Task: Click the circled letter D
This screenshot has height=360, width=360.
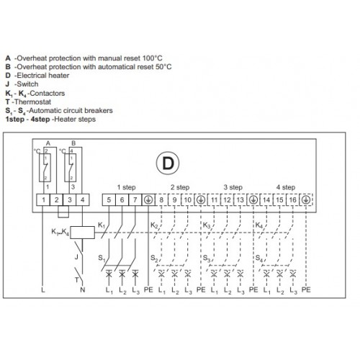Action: point(168,163)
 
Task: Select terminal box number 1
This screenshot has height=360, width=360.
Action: point(43,200)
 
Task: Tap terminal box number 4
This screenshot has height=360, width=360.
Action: point(83,200)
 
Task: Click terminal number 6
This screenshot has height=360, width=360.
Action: point(122,200)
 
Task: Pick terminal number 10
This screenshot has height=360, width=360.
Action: point(188,200)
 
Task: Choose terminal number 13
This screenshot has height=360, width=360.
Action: point(240,200)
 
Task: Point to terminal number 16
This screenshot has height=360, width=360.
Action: point(292,200)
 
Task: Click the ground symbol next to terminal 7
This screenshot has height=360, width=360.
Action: point(148,200)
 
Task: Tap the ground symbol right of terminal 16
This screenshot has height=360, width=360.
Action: point(306,200)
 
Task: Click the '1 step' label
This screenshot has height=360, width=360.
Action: point(126,187)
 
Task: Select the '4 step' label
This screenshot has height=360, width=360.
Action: point(286,187)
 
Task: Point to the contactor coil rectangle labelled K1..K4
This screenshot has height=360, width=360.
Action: point(82,233)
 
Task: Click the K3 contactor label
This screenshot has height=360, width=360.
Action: point(207,225)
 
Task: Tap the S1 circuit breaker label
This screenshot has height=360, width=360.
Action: point(102,258)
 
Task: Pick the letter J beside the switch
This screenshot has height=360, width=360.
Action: point(76,257)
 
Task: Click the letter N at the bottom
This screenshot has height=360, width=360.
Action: point(83,289)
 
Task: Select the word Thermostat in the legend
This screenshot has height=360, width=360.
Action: point(32,102)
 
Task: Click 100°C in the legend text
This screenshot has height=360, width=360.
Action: point(152,58)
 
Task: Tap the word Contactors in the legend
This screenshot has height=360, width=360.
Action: point(47,93)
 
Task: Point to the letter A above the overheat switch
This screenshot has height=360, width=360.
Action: point(48,143)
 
